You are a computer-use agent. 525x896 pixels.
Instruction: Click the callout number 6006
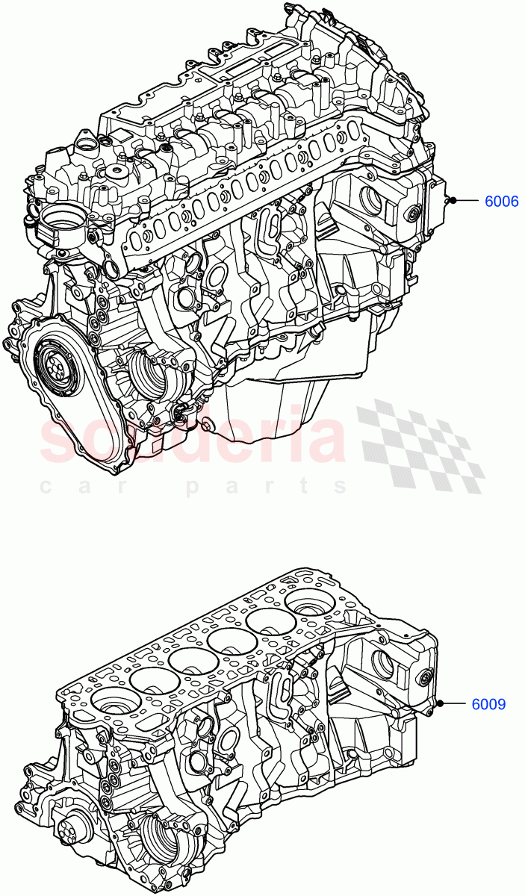pos(502,201)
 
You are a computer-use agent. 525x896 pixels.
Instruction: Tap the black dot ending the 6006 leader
pos(453,200)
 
